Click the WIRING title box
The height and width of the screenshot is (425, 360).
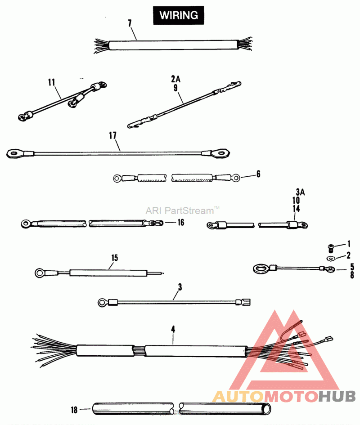[179, 15]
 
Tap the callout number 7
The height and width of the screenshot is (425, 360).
[130, 23]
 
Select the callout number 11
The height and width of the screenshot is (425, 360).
[51, 82]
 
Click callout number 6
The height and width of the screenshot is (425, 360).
[258, 174]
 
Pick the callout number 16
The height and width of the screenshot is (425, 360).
[180, 222]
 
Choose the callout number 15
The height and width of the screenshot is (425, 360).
[114, 258]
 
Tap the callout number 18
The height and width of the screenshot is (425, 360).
[75, 409]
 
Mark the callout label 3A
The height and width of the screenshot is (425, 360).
[300, 192]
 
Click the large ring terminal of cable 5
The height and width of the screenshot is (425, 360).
[260, 269]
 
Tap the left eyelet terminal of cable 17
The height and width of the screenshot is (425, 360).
[17, 155]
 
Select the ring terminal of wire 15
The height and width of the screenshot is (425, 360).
[40, 272]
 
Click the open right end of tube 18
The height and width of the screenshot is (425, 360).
[267, 409]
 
